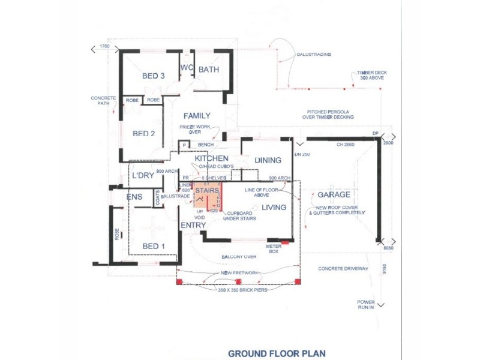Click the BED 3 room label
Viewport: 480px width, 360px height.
click(153, 76)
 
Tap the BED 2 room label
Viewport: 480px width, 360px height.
click(144, 133)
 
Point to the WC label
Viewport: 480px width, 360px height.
click(186, 68)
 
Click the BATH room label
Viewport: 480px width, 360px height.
click(209, 70)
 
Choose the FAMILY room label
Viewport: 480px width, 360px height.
click(197, 115)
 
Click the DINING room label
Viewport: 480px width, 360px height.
click(268, 160)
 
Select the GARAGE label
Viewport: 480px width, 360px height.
click(334, 195)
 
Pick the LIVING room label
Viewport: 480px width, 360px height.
click(274, 208)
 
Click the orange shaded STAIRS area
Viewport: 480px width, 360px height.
click(207, 198)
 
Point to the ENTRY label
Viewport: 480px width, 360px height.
click(193, 225)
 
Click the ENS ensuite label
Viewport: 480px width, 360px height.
click(134, 196)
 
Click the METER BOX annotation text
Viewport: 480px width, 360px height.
click(274, 248)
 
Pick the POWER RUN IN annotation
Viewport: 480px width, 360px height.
click(366, 304)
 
